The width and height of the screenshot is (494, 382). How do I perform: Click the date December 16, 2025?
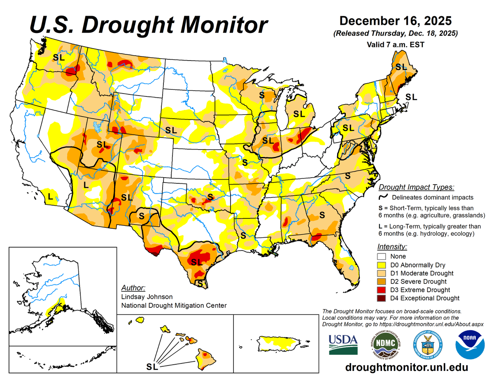(x=396, y=21)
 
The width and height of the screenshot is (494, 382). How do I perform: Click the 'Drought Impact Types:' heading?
(x=416, y=187)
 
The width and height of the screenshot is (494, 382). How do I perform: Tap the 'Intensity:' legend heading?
(x=392, y=247)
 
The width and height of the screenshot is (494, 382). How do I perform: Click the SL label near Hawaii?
(x=152, y=366)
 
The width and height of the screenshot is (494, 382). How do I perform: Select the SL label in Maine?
(x=401, y=66)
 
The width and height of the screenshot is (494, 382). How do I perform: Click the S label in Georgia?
(x=322, y=215)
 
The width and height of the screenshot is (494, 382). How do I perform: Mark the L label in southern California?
(x=50, y=197)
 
